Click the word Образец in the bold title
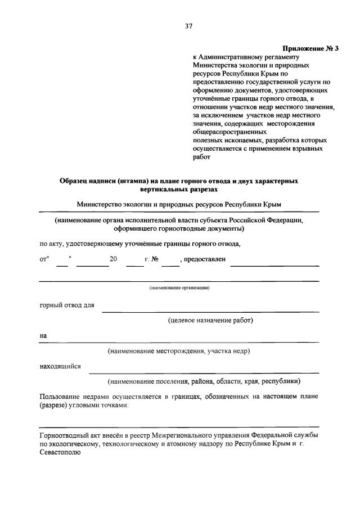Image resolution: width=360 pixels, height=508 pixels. click(x=75, y=181)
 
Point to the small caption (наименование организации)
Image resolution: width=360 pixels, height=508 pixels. click(x=179, y=288)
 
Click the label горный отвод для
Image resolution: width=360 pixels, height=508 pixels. click(x=67, y=305)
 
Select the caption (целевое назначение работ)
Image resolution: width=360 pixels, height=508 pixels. click(x=210, y=320)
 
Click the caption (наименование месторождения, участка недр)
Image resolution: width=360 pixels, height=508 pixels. click(x=179, y=350)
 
